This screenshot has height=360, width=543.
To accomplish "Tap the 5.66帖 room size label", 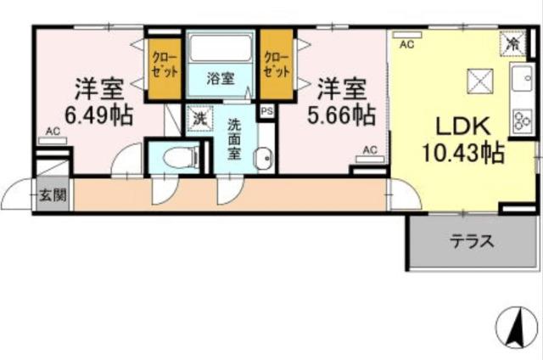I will [340, 114].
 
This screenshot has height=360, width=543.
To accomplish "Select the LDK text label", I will [463, 127].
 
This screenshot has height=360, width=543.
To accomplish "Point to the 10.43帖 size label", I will [464, 154].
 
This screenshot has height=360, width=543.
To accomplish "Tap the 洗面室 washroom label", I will [234, 138].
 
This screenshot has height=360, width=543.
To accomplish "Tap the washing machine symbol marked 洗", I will [198, 119].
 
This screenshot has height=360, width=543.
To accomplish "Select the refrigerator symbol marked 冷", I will [512, 41].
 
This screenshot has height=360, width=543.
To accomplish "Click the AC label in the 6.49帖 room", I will [53, 132].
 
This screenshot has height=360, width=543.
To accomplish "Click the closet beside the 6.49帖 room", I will [160, 65].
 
